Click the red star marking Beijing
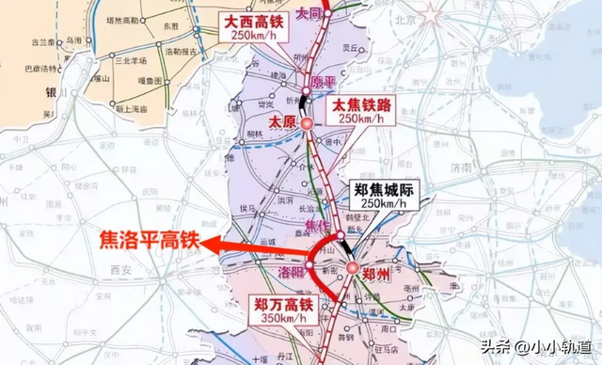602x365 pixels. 430,14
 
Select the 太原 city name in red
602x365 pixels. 281,122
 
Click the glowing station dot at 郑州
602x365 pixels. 350,269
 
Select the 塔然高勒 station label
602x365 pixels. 122,19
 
